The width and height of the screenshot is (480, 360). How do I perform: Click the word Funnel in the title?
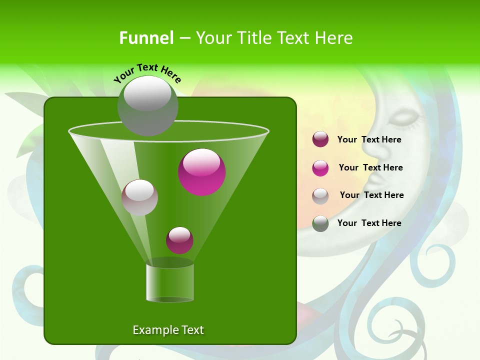tap(146, 38)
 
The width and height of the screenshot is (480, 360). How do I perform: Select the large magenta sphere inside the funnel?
tap(202, 172)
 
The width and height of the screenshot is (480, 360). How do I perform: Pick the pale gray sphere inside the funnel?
tap(139, 197)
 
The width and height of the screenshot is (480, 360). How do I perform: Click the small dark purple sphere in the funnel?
tap(179, 240)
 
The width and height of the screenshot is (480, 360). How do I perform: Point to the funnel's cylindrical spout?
tap(170, 283)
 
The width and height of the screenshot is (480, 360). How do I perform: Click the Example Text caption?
tap(168, 330)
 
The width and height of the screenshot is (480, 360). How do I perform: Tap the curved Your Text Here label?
tap(147, 73)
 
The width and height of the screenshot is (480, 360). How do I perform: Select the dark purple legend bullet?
tap(320, 139)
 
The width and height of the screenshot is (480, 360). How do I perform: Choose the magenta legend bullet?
tap(320, 167)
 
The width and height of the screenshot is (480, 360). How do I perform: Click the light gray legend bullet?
tap(320, 195)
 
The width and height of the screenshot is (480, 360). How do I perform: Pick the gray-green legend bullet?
tap(320, 223)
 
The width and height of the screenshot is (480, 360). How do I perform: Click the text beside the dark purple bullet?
tap(369, 140)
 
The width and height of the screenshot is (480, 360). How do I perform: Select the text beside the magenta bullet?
tap(370, 168)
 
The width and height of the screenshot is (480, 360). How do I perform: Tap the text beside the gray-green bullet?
tap(369, 223)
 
